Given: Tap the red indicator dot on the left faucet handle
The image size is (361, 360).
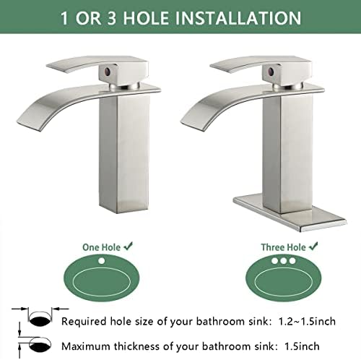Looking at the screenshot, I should [x=107, y=72].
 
